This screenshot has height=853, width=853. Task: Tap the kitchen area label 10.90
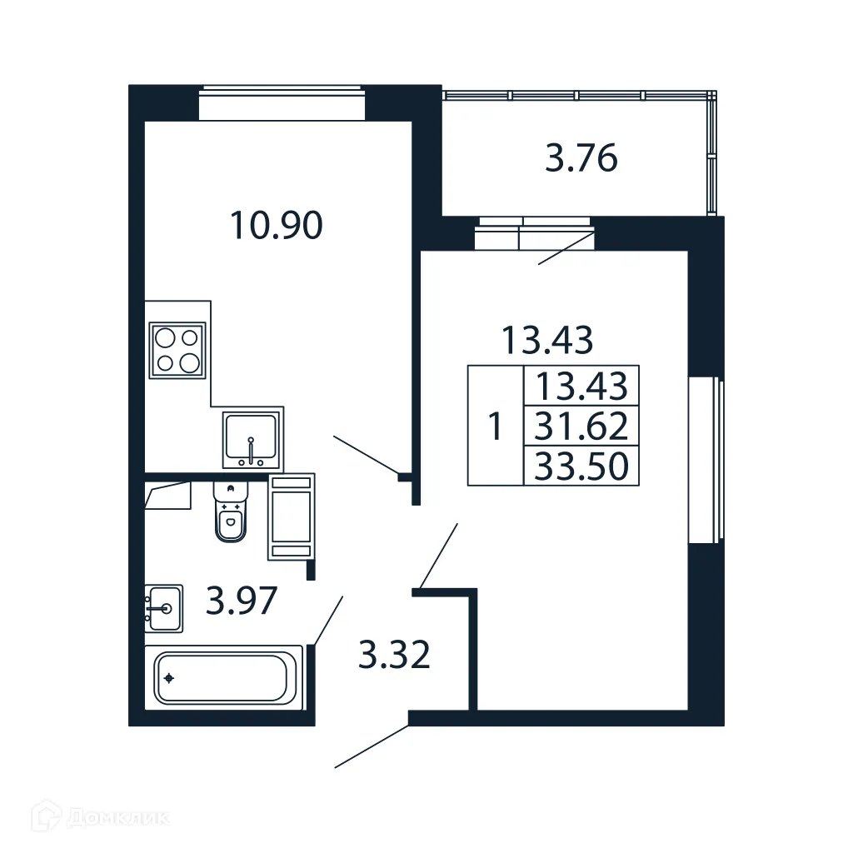pyautogui.click(x=276, y=225)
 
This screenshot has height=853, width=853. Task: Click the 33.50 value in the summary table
pyautogui.click(x=581, y=466)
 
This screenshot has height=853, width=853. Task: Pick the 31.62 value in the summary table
pyautogui.click(x=581, y=427)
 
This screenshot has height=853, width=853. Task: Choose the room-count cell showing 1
pyautogui.click(x=495, y=427)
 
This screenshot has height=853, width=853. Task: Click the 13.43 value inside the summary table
pyautogui.click(x=581, y=387)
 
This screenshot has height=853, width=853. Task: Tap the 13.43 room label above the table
pyautogui.click(x=546, y=339)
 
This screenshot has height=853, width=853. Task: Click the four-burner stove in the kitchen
pyautogui.click(x=177, y=350)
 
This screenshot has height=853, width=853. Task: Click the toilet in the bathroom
pyautogui.click(x=230, y=514)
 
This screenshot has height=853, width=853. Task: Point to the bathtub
pyautogui.click(x=223, y=677)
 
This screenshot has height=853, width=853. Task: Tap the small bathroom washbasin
pyautogui.click(x=163, y=607)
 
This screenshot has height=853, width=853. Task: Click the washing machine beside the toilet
pyautogui.click(x=291, y=516)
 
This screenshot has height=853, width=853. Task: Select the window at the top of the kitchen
pyautogui.click(x=282, y=104)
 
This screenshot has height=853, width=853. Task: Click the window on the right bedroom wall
pyautogui.click(x=705, y=460)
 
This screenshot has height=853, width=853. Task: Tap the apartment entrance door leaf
pyautogui.click(x=372, y=746)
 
